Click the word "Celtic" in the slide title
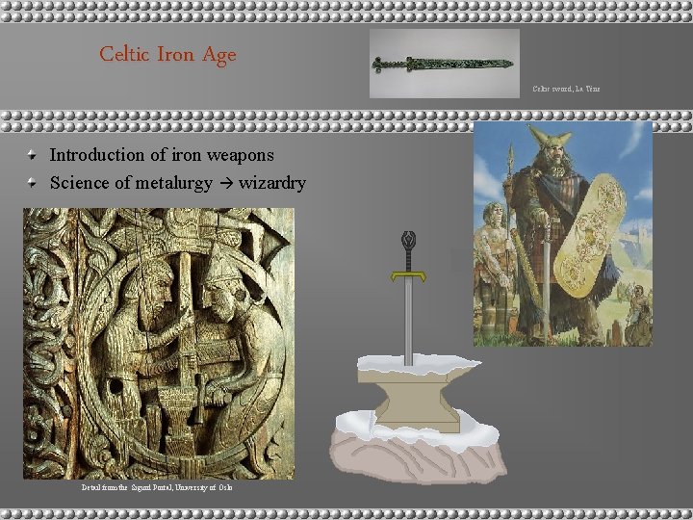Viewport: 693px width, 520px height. [123, 55]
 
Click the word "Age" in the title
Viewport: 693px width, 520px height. [218, 56]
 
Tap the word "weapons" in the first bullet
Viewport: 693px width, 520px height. [243, 154]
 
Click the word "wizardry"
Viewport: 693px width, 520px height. [272, 181]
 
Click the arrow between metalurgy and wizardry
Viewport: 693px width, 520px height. [229, 182]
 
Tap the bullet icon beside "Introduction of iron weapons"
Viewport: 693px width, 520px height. [34, 155]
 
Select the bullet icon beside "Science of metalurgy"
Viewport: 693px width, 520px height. [34, 182]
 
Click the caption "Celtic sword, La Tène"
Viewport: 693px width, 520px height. [566, 89]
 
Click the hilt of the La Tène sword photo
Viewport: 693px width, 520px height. [388, 65]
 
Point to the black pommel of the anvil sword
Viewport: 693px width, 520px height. [410, 240]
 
